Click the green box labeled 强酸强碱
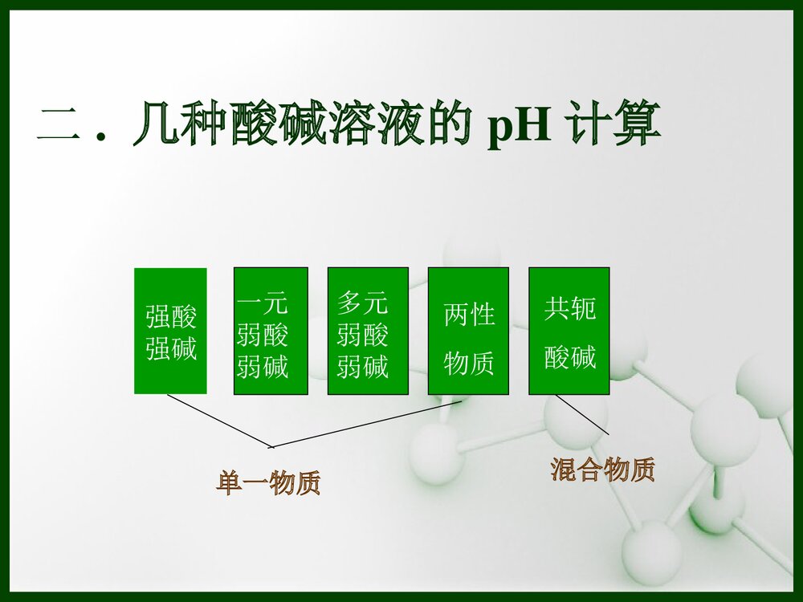click(x=170, y=331)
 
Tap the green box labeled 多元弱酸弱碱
click(x=368, y=331)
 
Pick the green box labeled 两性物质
click(x=468, y=331)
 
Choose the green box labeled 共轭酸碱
click(x=569, y=331)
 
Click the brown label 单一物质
click(x=268, y=483)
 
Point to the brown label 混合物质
click(x=602, y=470)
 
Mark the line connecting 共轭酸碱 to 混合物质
click(x=581, y=414)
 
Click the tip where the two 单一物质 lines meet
click(x=271, y=446)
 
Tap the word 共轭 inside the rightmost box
click(x=570, y=309)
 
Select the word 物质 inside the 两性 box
click(x=469, y=364)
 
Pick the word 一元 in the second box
click(x=263, y=303)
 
